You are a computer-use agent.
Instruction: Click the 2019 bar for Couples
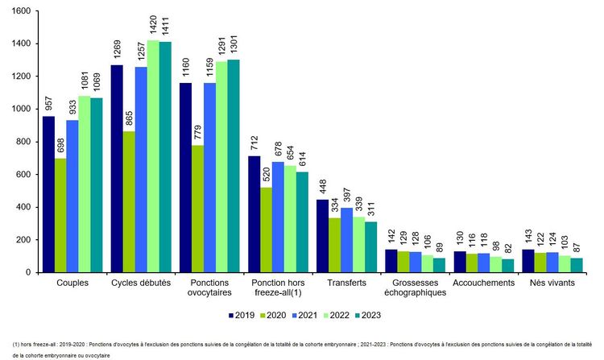click(48, 194)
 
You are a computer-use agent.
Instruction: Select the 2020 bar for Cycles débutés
click(129, 201)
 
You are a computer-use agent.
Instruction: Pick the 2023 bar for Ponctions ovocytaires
click(234, 166)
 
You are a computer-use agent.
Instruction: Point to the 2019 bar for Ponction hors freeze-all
click(254, 214)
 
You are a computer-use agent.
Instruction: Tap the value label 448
click(323, 186)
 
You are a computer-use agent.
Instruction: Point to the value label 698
click(60, 146)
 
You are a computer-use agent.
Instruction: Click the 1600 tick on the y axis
click(20, 11)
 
